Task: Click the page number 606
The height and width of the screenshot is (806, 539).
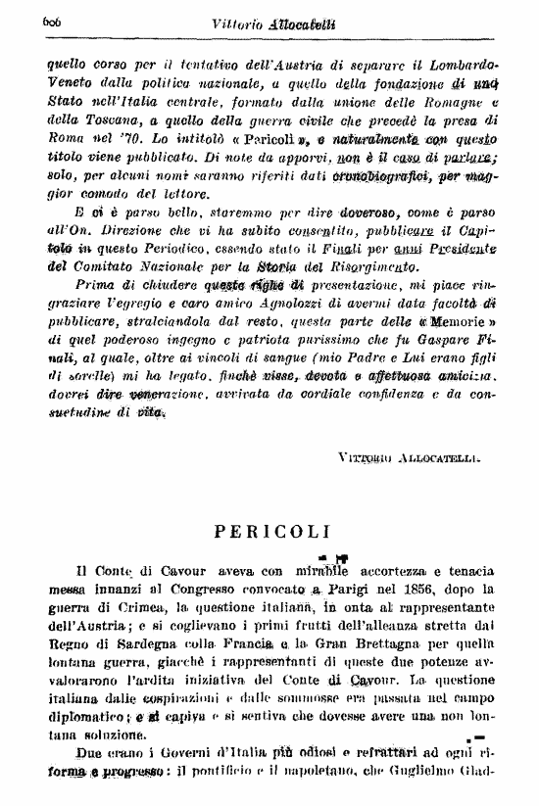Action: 53,22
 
